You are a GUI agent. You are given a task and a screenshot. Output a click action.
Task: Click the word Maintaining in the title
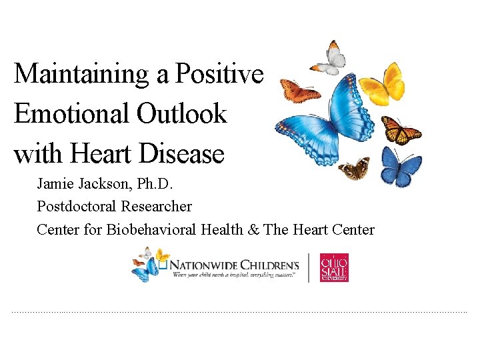click(x=82, y=73)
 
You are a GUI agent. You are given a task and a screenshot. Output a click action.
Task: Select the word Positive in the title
click(x=219, y=73)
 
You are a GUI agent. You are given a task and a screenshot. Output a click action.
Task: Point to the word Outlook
click(x=181, y=115)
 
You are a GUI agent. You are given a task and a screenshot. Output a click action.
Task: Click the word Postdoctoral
click(x=77, y=207)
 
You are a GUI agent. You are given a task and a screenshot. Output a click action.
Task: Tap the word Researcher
click(x=156, y=207)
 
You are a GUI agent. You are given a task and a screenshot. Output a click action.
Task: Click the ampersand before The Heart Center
click(x=253, y=229)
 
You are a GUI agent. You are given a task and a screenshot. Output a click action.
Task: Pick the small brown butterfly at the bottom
click(x=354, y=169)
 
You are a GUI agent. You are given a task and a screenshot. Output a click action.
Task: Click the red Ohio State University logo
click(x=334, y=267)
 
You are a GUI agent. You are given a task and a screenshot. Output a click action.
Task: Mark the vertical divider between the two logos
click(x=309, y=267)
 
